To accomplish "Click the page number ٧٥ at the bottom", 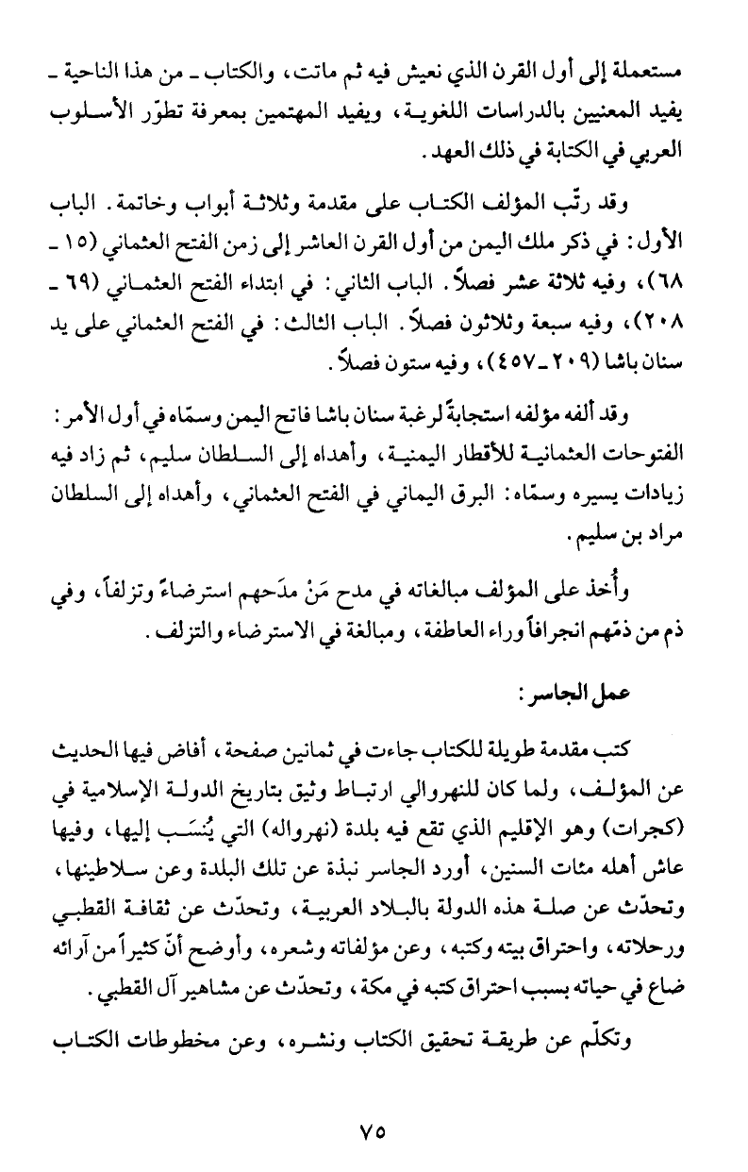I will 374,1129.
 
